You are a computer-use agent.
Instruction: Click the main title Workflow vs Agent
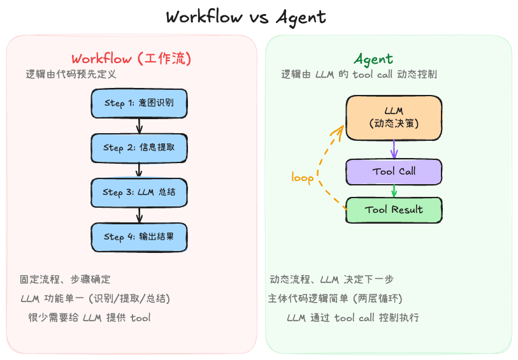(x=245, y=17)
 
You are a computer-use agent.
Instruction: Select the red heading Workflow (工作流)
(x=131, y=59)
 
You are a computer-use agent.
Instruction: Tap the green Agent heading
(x=373, y=59)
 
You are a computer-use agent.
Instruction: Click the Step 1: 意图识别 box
(x=139, y=103)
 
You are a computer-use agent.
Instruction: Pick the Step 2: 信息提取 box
(x=139, y=148)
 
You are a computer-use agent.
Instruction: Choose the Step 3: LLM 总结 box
(x=139, y=192)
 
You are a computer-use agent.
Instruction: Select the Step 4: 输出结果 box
(x=139, y=237)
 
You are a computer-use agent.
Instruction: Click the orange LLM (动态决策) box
(x=394, y=118)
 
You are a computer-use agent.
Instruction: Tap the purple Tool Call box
(x=394, y=171)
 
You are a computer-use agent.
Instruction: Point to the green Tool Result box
(x=394, y=210)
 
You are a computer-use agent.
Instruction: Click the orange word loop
(x=302, y=177)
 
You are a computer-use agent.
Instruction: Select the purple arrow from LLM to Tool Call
(x=394, y=150)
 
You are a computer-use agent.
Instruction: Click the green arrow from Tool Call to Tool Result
(x=394, y=191)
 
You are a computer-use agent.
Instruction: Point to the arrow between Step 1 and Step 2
(x=139, y=126)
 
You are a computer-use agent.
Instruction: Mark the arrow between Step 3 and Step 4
(x=139, y=215)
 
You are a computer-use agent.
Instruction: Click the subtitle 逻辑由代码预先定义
(x=71, y=74)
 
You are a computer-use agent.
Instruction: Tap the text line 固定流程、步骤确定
(x=65, y=279)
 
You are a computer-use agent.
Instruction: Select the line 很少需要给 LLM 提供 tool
(x=89, y=317)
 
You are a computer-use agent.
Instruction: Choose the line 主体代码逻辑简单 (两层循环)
(x=336, y=298)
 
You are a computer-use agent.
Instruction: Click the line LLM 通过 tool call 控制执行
(x=352, y=317)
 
